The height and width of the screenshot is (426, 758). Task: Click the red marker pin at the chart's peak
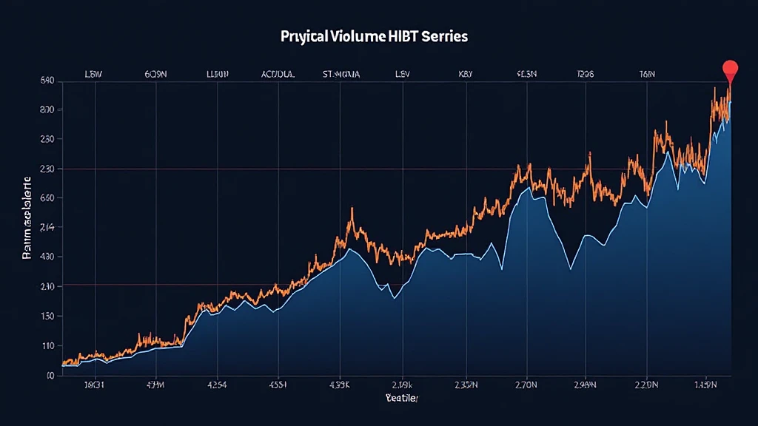pos(730,70)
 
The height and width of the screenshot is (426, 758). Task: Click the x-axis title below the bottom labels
pos(401,399)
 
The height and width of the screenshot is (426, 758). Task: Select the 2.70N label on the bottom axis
pos(525,384)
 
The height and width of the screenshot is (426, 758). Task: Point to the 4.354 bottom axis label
pos(216,384)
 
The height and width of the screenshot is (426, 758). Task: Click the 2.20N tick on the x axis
pos(648,384)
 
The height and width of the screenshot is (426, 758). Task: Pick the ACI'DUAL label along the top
pos(278,74)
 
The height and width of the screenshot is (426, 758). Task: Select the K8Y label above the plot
pos(466,74)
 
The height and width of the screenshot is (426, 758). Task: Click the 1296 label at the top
pos(585,74)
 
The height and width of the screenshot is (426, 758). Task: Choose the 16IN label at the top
pos(647,74)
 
